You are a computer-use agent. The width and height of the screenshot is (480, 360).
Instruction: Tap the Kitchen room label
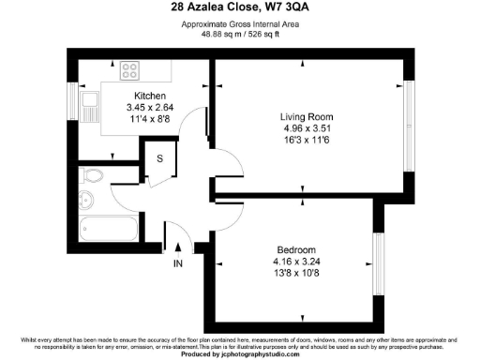(x=150, y=97)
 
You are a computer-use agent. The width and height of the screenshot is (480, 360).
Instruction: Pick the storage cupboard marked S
(x=159, y=158)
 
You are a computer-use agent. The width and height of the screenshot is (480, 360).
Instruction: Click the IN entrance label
(x=178, y=264)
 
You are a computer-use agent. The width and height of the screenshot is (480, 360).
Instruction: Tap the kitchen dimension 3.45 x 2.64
(x=150, y=109)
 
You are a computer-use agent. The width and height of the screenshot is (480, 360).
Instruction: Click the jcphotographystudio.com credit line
(x=239, y=355)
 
